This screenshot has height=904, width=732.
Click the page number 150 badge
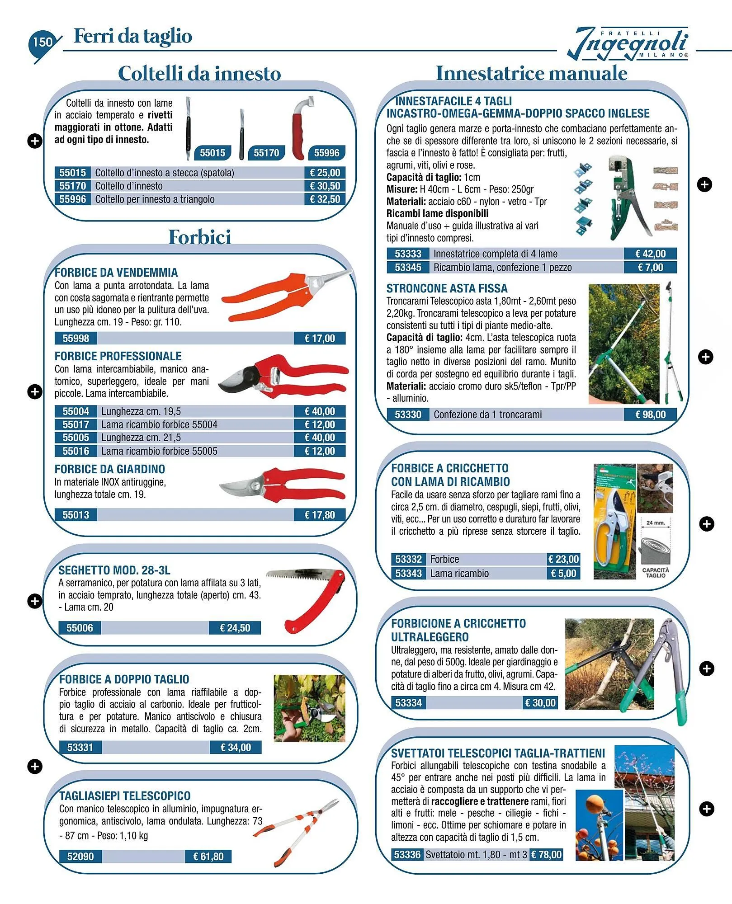(x=43, y=42)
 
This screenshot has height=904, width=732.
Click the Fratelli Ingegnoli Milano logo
(x=628, y=44)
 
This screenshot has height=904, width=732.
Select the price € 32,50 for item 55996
(x=325, y=199)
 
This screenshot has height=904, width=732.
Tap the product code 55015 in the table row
(x=72, y=173)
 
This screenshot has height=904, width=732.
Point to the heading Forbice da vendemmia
(x=116, y=273)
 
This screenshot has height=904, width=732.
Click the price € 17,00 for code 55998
(x=319, y=338)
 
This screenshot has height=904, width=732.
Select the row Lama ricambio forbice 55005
(x=159, y=451)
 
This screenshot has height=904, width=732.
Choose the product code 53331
(x=80, y=747)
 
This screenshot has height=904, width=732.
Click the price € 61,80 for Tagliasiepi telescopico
(x=208, y=856)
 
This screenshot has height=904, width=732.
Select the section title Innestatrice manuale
(x=531, y=73)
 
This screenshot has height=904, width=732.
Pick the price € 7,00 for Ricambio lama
(x=650, y=267)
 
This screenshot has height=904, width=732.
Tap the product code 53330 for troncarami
(x=408, y=414)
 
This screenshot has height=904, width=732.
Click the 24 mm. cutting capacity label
(x=655, y=523)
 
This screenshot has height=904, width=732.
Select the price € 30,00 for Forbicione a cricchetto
(x=540, y=702)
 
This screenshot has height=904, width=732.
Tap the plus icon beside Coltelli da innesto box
(x=35, y=141)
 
